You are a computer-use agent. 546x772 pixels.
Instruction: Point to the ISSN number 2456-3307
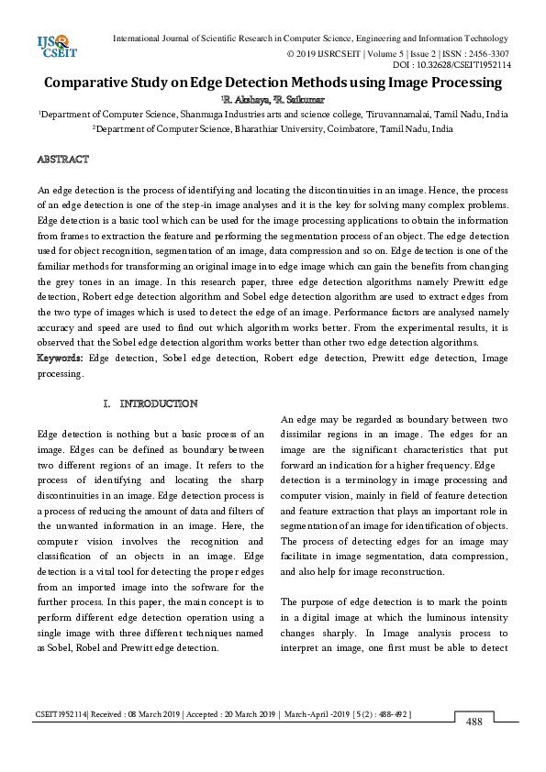point(488,53)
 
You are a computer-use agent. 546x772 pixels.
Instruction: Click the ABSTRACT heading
point(62,160)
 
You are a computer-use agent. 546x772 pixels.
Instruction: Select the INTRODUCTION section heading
point(159,403)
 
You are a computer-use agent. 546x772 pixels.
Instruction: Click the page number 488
point(474,722)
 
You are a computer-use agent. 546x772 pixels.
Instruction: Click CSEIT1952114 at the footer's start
point(61,713)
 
